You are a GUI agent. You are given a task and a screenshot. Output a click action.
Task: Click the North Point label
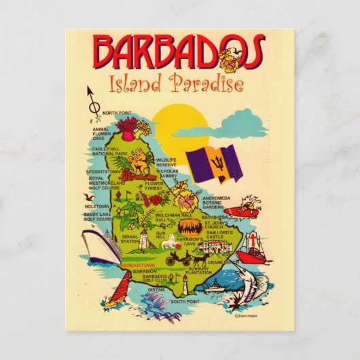click(118, 113)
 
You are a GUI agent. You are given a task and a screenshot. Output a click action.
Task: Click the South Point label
click(184, 301)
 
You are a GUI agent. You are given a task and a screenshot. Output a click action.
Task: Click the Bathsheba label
click(215, 217)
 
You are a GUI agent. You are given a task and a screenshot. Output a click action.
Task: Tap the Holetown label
click(96, 206)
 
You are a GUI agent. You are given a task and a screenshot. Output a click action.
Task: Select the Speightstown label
click(103, 172)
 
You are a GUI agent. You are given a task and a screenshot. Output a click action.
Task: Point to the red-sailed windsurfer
click(113, 295)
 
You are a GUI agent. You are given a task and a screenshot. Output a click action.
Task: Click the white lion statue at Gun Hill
click(144, 240)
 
